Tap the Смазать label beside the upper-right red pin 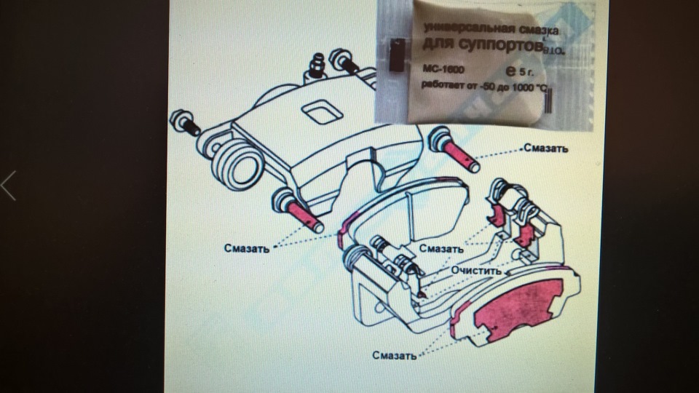click(x=546, y=148)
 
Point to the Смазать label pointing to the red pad click(x=394, y=356)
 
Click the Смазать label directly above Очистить click(x=442, y=248)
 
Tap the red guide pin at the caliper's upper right click(x=459, y=155)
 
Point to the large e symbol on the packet click(x=510, y=71)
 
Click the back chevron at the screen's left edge click(x=8, y=186)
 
